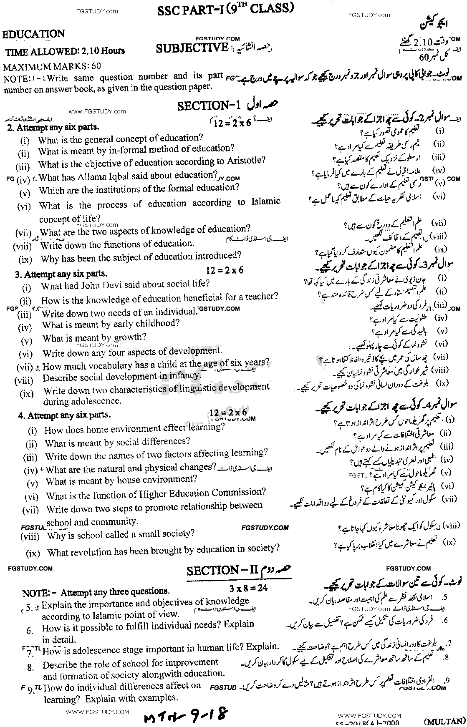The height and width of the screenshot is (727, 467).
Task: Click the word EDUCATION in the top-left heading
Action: (34, 34)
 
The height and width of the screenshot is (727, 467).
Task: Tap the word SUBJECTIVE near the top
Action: (192, 48)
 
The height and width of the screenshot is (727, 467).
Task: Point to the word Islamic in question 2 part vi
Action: (264, 202)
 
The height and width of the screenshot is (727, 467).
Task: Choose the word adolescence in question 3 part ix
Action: (82, 401)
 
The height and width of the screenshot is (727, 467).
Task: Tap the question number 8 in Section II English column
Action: (30, 667)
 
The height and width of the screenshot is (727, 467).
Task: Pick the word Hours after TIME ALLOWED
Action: (110, 51)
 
